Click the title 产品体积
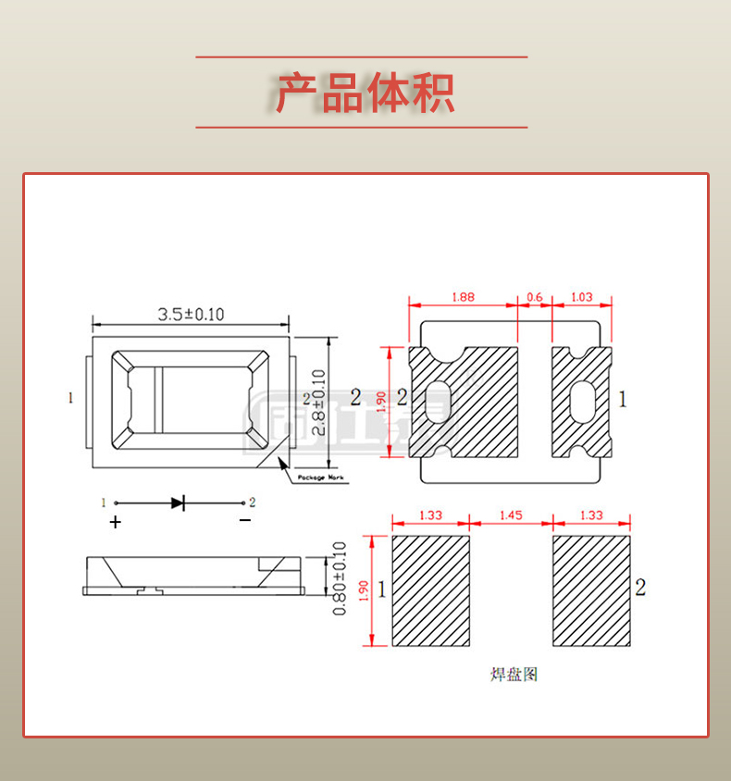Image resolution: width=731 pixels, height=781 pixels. pyautogui.click(x=365, y=93)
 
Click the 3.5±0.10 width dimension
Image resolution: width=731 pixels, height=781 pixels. pyautogui.click(x=191, y=315)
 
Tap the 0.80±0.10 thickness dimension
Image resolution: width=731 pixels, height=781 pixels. pyautogui.click(x=339, y=578)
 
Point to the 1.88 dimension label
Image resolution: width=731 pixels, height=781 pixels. pyautogui.click(x=463, y=297)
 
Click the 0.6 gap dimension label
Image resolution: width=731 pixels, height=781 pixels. pyautogui.click(x=535, y=297)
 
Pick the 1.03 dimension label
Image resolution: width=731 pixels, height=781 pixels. pyautogui.click(x=582, y=297)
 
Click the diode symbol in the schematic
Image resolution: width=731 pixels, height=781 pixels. pyautogui.click(x=178, y=503)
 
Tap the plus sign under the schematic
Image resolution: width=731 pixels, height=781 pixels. pyautogui.click(x=115, y=522)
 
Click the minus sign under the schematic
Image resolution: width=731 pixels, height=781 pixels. pyautogui.click(x=244, y=521)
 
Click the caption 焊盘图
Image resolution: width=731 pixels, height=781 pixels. pyautogui.click(x=513, y=675)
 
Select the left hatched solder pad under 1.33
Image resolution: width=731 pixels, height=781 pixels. pyautogui.click(x=431, y=591)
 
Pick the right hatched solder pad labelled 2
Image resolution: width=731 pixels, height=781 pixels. pyautogui.click(x=592, y=591)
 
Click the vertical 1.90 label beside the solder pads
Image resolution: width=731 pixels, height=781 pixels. pyautogui.click(x=364, y=590)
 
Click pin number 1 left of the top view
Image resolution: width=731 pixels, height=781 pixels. pyautogui.click(x=70, y=399)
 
